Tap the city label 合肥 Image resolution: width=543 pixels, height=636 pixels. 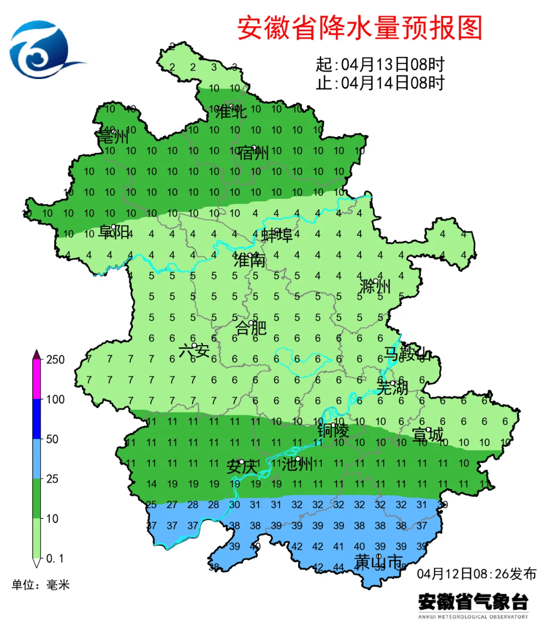251,328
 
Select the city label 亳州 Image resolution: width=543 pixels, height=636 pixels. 113,137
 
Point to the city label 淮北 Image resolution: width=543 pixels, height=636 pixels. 231,112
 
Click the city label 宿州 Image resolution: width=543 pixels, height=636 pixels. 253,153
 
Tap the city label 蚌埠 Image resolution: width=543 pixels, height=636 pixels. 277,235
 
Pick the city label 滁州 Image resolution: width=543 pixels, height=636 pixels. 375,287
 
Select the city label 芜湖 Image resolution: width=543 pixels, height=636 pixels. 392,388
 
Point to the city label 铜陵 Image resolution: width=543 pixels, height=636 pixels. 333,431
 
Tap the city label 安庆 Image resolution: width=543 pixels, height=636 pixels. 242,466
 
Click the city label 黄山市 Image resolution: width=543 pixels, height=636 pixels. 379,562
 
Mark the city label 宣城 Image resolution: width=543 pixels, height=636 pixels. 428,435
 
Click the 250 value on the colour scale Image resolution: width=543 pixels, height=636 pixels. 55,360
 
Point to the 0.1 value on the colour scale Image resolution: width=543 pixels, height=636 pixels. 55,559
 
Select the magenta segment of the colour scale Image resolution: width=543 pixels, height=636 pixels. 37,380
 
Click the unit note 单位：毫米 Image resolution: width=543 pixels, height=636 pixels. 41,585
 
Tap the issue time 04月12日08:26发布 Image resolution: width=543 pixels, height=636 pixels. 477,574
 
